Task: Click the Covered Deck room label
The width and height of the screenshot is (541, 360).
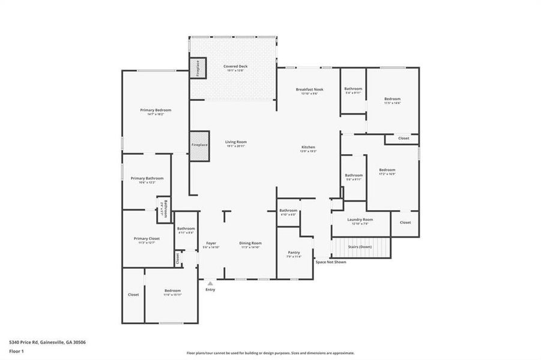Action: tap(235, 67)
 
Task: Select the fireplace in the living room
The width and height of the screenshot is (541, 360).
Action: tap(199, 145)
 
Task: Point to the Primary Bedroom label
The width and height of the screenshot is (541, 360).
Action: tap(156, 110)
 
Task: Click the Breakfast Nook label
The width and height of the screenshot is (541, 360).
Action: tap(310, 89)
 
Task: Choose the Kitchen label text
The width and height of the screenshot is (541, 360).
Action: tap(308, 147)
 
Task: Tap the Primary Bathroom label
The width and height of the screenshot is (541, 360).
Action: tap(147, 178)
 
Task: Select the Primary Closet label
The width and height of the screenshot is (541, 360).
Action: tap(147, 239)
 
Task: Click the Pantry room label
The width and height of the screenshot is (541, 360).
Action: tap(294, 253)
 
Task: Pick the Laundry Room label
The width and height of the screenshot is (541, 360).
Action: tap(360, 220)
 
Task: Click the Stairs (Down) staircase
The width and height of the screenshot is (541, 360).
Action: tap(360, 247)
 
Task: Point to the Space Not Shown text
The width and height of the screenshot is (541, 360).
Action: tap(330, 262)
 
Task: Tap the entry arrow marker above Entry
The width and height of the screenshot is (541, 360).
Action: tap(210, 282)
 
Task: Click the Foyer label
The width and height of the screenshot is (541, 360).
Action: tap(211, 243)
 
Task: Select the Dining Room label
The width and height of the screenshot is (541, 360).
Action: tap(250, 243)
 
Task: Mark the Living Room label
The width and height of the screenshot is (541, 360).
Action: tap(236, 142)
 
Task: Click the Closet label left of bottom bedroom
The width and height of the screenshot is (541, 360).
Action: tap(133, 295)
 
